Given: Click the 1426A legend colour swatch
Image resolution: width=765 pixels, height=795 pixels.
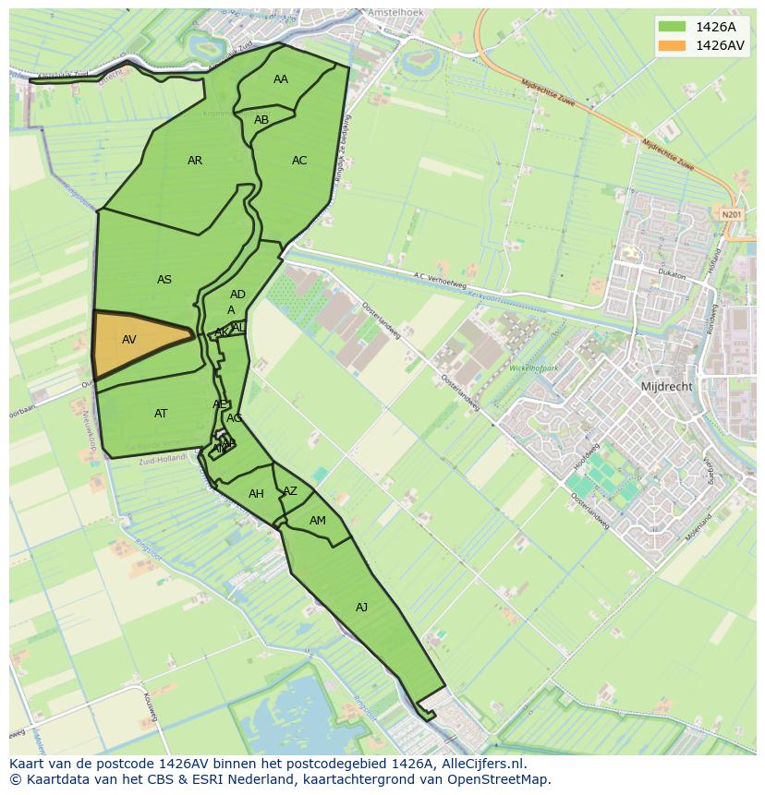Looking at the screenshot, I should pos(673,27).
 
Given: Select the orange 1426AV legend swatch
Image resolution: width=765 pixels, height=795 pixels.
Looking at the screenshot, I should pos(673,45).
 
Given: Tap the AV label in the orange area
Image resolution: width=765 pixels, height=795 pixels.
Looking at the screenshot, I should pos(129,340).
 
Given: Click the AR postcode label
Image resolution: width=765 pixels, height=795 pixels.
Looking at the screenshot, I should pos(195,161).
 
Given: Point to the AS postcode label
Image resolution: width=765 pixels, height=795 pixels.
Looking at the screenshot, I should pos(164,280).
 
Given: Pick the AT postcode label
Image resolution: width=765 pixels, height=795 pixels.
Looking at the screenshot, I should pos(161,414).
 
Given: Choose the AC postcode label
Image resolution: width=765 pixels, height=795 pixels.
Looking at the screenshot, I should pos(299,161).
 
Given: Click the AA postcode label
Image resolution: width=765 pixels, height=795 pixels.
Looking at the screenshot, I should pos(281,79).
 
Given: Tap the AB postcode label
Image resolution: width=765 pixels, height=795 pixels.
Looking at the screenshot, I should pos(261,120).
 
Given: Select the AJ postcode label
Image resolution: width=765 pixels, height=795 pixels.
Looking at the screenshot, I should pos(361,607).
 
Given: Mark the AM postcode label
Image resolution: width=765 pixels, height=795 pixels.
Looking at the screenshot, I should pos(318,521).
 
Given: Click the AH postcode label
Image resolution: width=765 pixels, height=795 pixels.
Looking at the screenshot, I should pos(257,494).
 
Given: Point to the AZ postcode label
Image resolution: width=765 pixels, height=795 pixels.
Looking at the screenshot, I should pos(290,491).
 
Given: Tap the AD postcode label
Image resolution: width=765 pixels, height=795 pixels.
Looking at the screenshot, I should pos(237,295).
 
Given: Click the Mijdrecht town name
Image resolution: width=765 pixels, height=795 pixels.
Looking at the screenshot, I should pos(666,387).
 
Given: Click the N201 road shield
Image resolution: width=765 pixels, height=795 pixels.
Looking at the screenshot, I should pos(731,214).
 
